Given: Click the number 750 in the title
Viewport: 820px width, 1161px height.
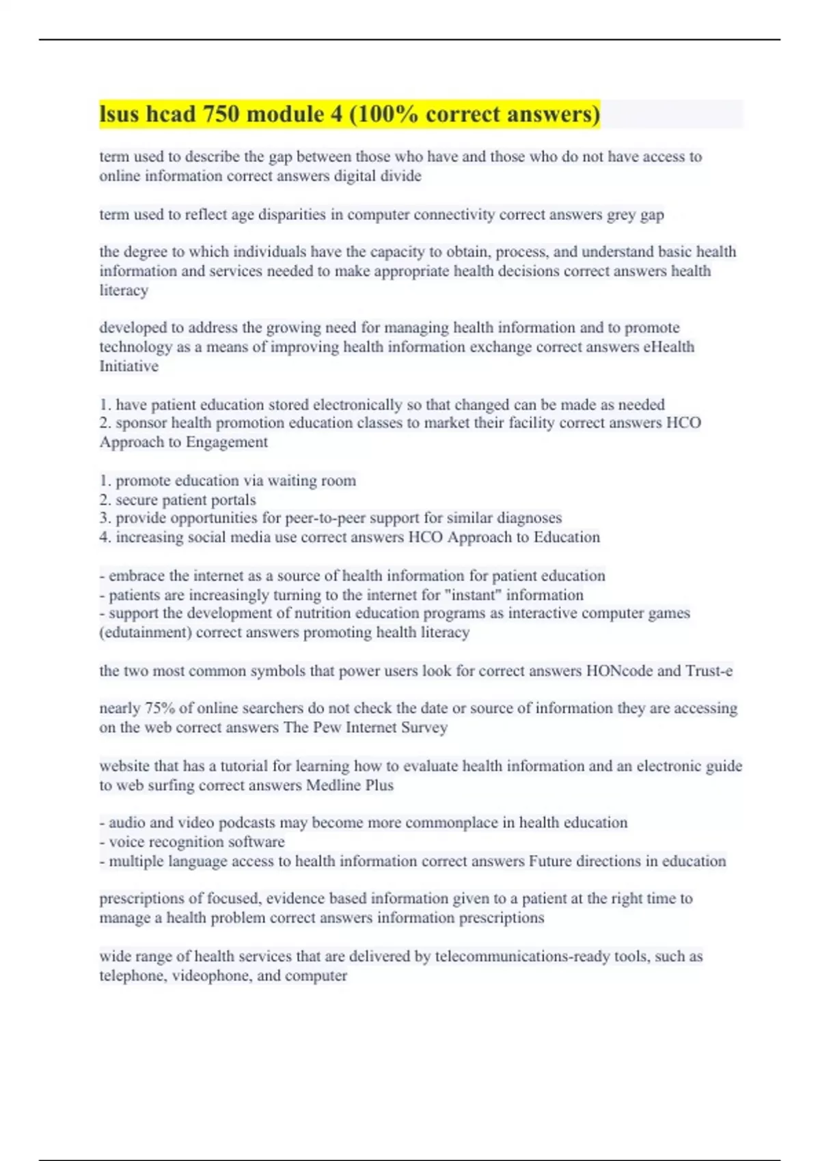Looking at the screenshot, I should point(221,114).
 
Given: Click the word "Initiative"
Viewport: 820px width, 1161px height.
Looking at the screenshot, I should point(128,366).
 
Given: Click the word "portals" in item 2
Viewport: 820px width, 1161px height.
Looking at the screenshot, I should point(234,500).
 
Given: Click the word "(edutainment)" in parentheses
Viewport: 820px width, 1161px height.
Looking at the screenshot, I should point(146,632).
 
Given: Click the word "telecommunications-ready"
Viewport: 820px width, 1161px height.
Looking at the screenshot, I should point(522,956).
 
